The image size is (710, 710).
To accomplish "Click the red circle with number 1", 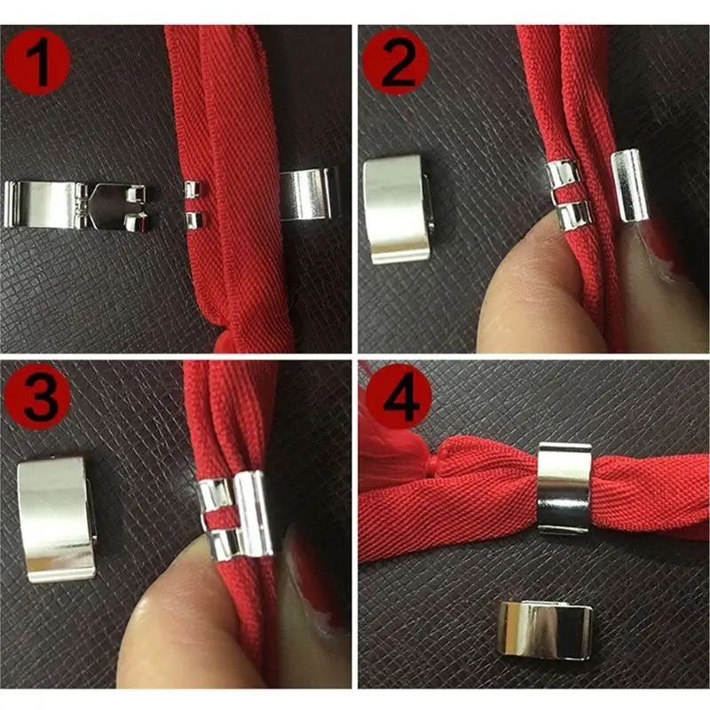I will click(x=37, y=60).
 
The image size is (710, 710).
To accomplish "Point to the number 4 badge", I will click(x=394, y=398).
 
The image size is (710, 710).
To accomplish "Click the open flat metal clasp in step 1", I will click(x=75, y=205).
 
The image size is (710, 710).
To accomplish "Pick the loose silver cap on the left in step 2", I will click(x=398, y=209).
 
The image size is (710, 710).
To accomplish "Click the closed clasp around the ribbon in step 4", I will click(x=564, y=488).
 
